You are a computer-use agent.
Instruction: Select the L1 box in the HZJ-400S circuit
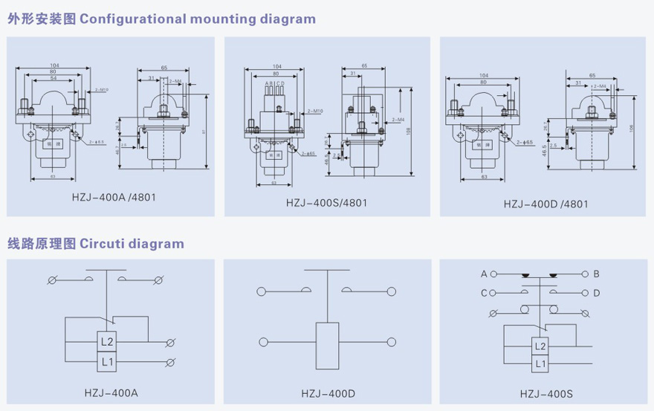[540, 364]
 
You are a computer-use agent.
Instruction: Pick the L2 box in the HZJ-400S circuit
[540, 347]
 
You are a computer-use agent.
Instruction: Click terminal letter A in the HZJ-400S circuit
[484, 274]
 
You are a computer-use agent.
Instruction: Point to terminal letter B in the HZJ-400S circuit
[596, 274]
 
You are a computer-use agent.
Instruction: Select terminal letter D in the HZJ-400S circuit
[596, 292]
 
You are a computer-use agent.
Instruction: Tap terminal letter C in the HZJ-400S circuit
[484, 292]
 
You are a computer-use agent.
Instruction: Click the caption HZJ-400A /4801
[114, 198]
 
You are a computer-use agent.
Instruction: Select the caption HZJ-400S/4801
[326, 202]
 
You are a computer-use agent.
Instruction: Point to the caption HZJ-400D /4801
[546, 203]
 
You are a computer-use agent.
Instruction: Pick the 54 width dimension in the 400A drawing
[53, 78]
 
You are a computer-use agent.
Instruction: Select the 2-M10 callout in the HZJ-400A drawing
[102, 89]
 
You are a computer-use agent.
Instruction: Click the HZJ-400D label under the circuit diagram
[328, 392]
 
